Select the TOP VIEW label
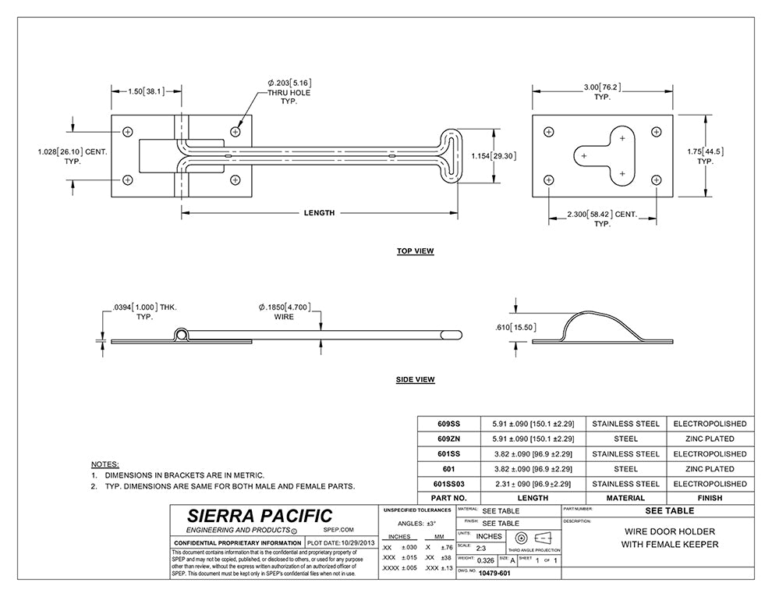click(415, 251)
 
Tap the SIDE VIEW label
click(415, 380)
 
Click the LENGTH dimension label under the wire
click(319, 213)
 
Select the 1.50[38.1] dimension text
click(146, 91)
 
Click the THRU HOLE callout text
click(289, 93)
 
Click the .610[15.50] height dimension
click(515, 327)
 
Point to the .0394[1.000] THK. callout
click(142, 307)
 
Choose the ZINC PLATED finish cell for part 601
click(709, 468)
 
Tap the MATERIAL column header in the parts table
click(625, 498)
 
